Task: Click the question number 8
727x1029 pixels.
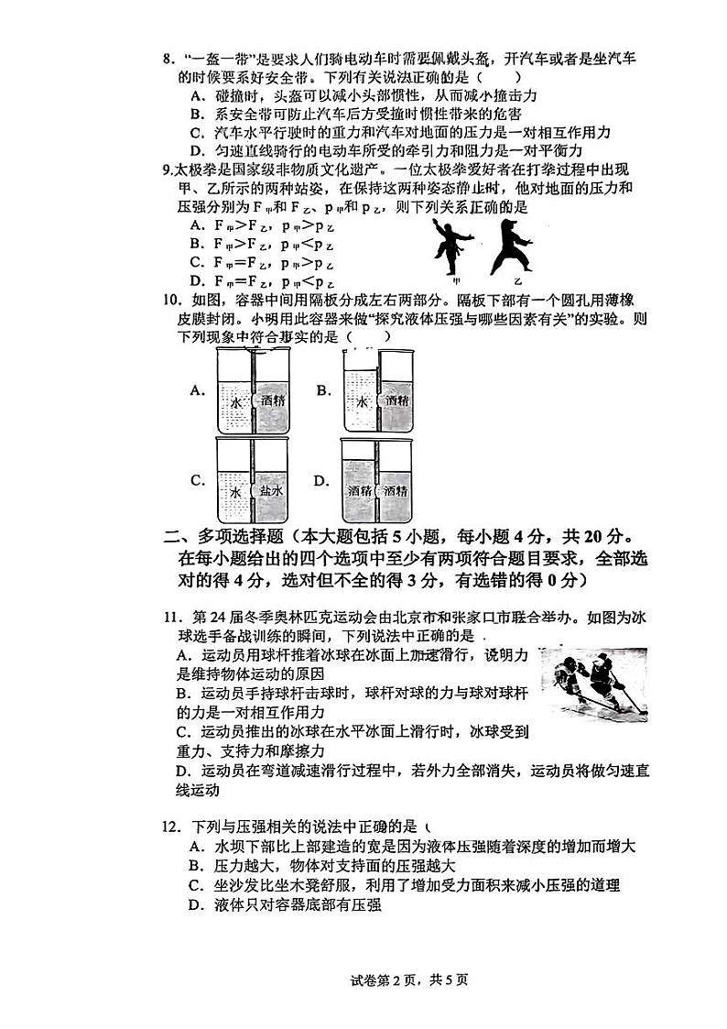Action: (x=168, y=60)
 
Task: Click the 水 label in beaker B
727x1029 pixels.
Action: (x=362, y=400)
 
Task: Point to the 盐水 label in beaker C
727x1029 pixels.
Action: (x=273, y=491)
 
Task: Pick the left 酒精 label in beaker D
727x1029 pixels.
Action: (x=359, y=491)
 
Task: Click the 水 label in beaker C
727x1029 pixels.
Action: (x=235, y=491)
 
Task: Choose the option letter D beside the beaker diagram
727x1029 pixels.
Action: (x=320, y=480)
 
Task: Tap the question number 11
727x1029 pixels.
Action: (x=170, y=617)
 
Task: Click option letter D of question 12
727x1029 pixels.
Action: (x=195, y=904)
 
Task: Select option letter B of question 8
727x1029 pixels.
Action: (x=196, y=114)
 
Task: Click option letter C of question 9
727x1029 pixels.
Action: (x=195, y=261)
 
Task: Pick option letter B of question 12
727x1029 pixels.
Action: (x=195, y=865)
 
